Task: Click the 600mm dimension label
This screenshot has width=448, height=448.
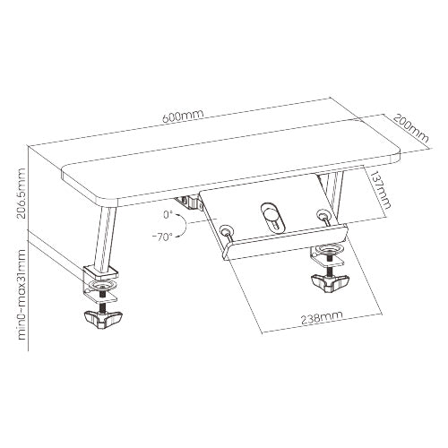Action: point(183,116)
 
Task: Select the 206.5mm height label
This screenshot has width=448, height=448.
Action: point(22,194)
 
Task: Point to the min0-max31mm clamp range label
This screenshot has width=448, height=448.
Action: point(22,294)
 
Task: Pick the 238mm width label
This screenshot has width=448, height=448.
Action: point(322,318)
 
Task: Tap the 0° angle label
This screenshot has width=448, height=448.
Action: point(168,215)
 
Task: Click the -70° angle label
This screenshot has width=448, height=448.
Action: point(162,237)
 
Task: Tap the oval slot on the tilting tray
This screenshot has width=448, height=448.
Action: point(271,218)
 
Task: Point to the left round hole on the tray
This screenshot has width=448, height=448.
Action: point(226,231)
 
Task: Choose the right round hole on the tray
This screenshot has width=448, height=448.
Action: point(322,214)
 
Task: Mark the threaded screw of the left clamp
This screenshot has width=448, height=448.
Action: point(103,298)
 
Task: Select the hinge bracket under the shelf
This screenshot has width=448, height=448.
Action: point(189,202)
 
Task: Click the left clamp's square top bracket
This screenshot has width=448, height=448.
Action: point(100,272)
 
